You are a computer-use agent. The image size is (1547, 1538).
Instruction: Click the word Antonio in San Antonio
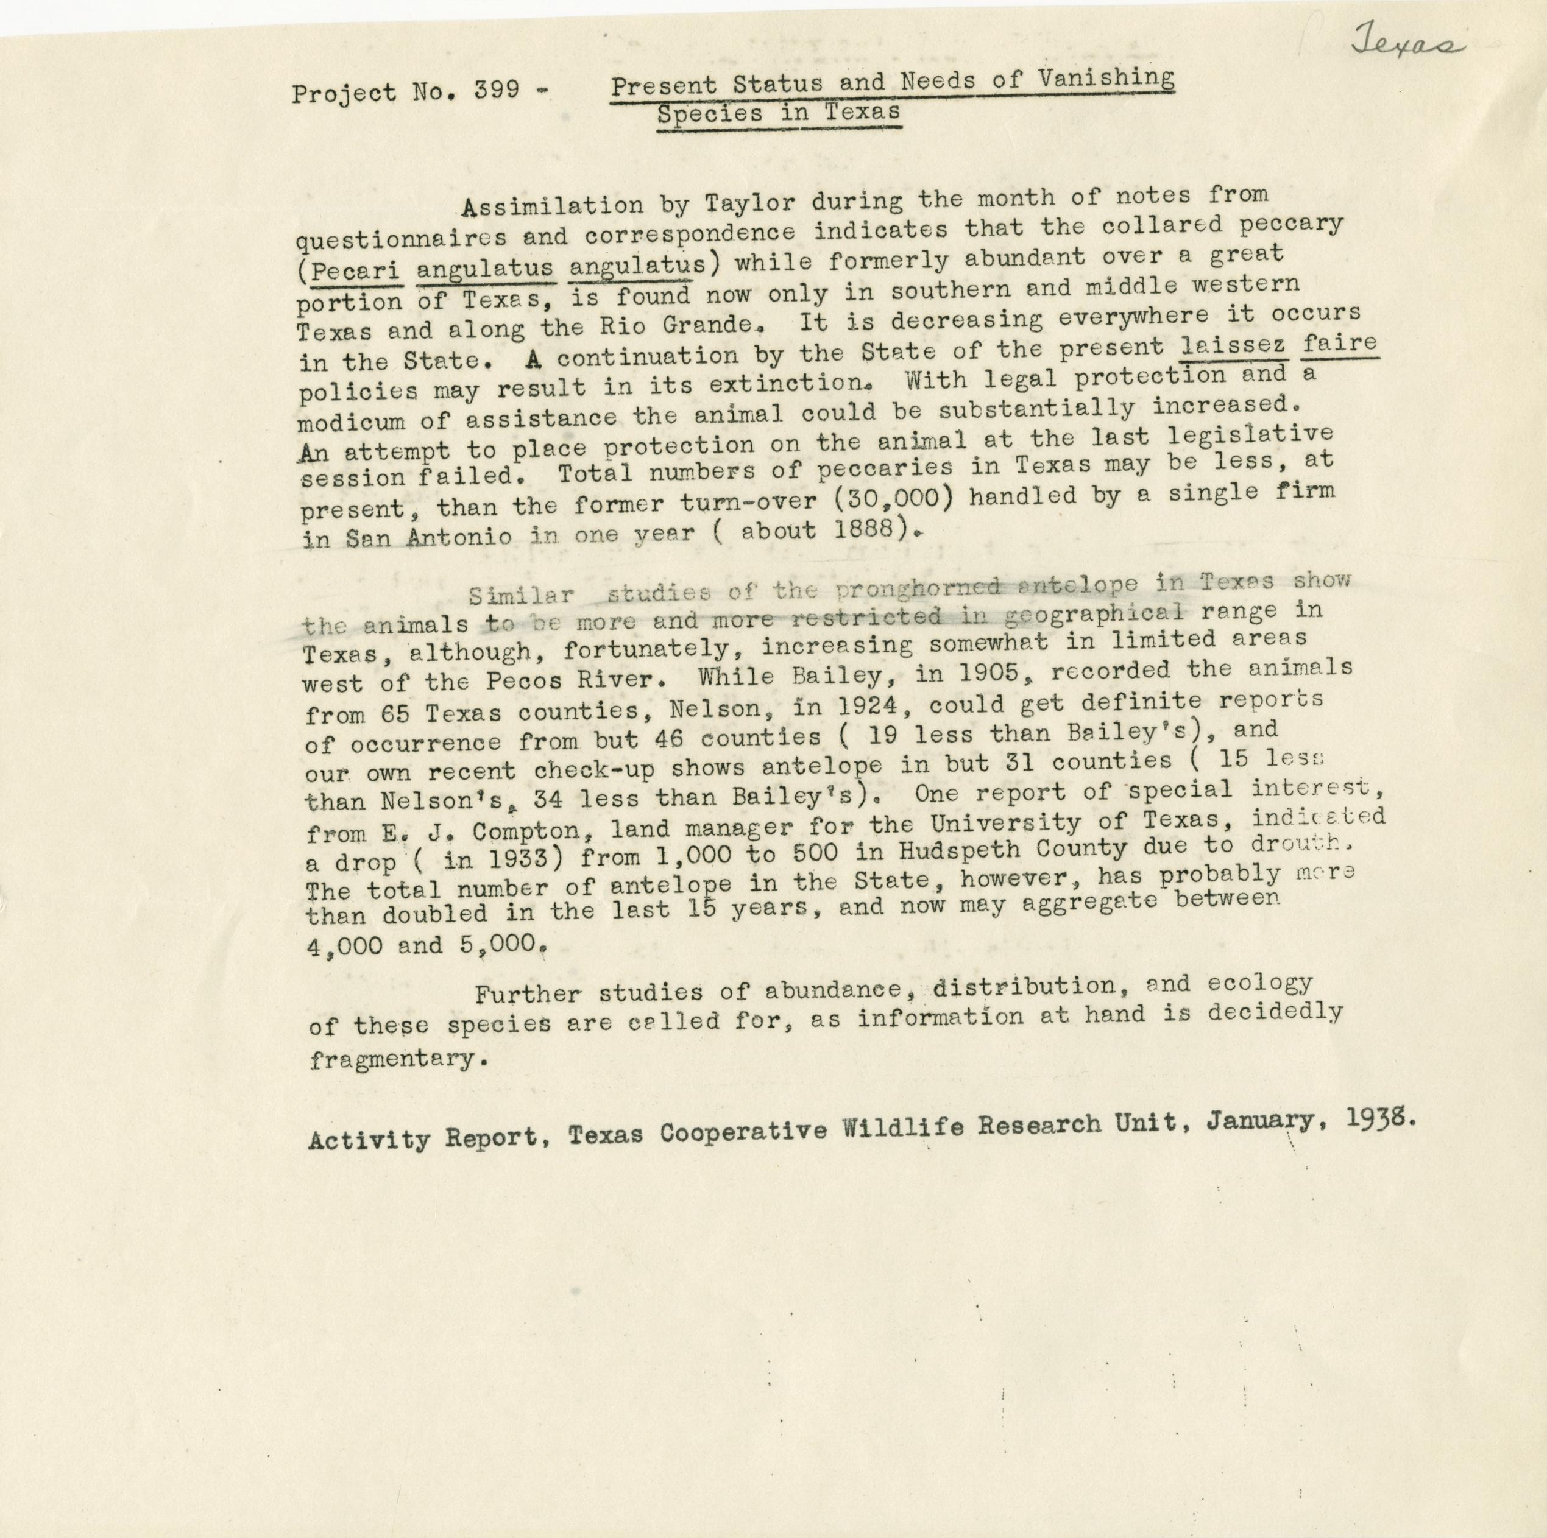[459, 537]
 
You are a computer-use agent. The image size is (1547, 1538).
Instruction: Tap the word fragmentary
[398, 1059]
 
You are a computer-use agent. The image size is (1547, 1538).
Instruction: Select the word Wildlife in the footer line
[907, 1128]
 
